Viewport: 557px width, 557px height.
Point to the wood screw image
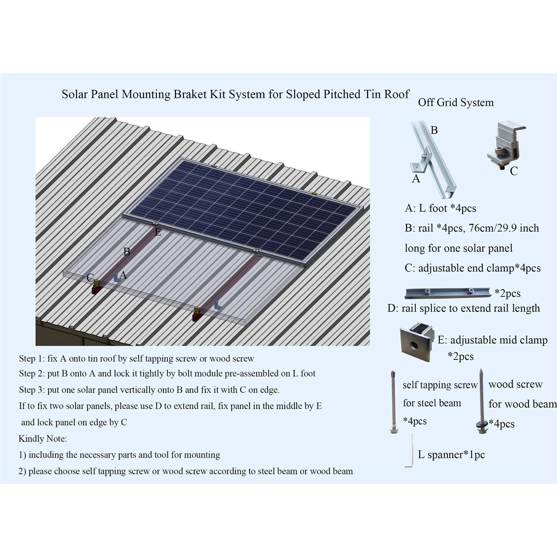[481, 401]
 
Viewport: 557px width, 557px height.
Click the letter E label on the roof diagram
[158, 232]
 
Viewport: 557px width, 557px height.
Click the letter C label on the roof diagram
[90, 277]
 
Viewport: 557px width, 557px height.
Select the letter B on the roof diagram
[127, 252]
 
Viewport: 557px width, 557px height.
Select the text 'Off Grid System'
[456, 102]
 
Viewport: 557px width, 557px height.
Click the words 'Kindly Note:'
[42, 439]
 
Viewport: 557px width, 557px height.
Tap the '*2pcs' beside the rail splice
[508, 293]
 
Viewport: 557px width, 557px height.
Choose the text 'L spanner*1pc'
[452, 455]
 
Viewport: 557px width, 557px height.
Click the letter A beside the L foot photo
[416, 179]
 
